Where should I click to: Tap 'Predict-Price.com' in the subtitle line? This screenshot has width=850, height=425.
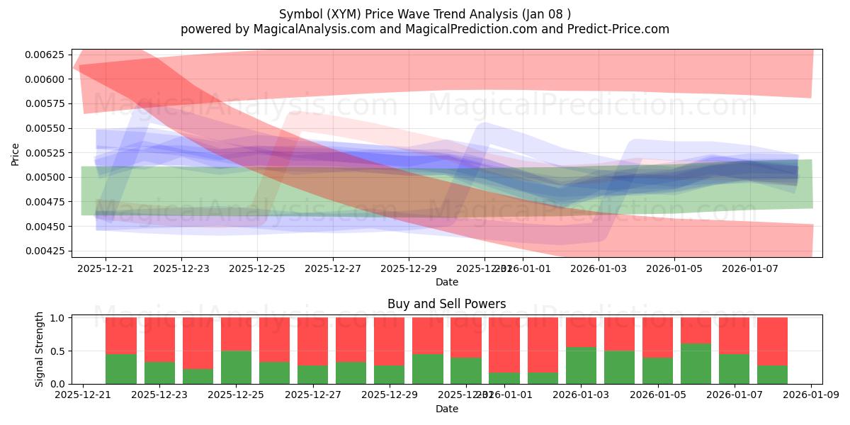614,29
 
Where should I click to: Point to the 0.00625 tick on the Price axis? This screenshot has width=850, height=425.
44,55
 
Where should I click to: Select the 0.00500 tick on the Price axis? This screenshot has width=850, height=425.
44,177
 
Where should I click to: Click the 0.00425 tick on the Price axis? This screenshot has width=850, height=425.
44,251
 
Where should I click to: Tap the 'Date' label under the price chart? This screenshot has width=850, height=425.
446,282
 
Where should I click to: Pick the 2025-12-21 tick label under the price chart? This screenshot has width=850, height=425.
106,268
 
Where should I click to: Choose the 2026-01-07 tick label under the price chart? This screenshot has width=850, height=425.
750,268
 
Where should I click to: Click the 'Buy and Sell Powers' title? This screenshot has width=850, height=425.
446,304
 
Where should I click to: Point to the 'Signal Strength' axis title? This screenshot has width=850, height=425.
40,349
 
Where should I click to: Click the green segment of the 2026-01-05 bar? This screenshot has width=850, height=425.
658,370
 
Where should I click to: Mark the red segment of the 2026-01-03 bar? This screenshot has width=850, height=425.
582,331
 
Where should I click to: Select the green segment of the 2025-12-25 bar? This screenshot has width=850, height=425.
236,367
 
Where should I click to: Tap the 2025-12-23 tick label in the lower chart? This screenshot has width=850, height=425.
159,395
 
